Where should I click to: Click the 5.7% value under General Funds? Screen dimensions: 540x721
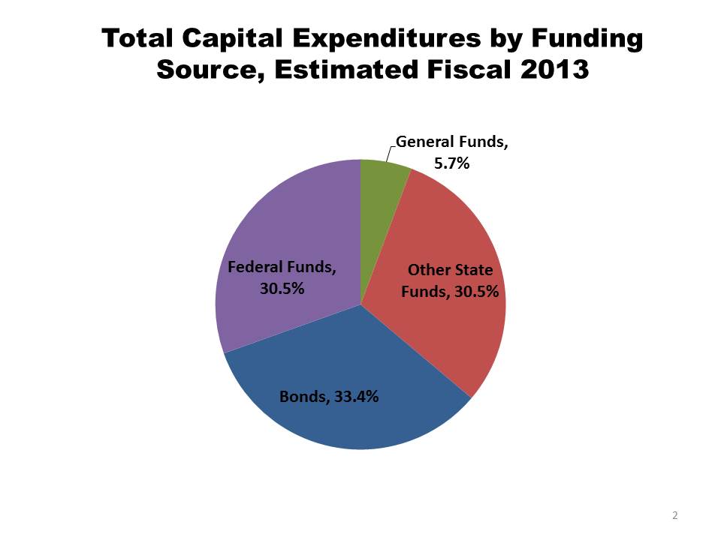(453, 162)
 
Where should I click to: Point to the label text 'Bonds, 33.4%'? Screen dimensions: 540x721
(329, 397)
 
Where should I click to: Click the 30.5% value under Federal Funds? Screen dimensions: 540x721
(282, 288)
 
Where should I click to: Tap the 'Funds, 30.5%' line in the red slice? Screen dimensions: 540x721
(450, 292)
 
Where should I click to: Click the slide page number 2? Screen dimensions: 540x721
(674, 515)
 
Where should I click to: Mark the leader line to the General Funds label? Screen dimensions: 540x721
(388, 152)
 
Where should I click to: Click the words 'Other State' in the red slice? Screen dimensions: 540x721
(450, 270)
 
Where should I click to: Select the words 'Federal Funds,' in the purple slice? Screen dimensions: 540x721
(282, 266)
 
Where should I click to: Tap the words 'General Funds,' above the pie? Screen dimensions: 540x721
(452, 142)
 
